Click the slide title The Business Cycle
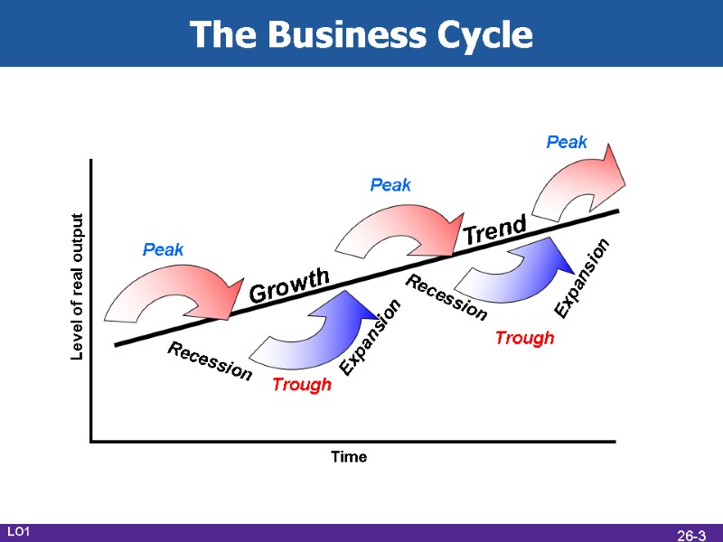[x=361, y=35]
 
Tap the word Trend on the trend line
[x=494, y=229]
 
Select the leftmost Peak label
[x=164, y=249]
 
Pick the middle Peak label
[x=390, y=185]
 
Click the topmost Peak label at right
[x=567, y=142]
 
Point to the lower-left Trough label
[x=302, y=385]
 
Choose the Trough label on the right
[x=524, y=339]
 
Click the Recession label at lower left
[x=210, y=362]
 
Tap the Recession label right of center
[x=446, y=297]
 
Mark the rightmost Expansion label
[x=583, y=277]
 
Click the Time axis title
[x=349, y=457]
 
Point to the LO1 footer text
[x=19, y=533]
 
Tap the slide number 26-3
[x=691, y=535]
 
